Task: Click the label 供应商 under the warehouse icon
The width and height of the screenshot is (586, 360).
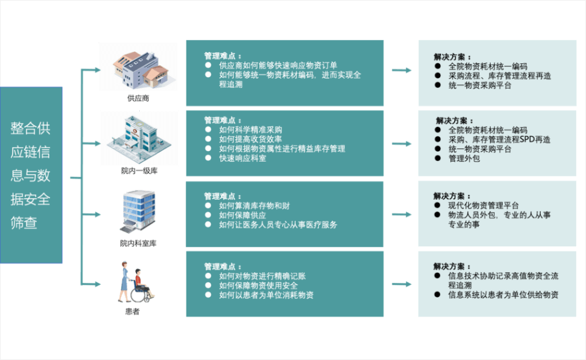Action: tap(138, 98)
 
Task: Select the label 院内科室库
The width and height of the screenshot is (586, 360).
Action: tap(138, 243)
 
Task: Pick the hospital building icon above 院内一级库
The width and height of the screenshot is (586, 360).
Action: tap(139, 138)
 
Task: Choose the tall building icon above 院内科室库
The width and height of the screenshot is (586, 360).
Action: tap(138, 211)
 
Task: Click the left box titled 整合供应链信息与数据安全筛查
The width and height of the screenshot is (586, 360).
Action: tap(31, 175)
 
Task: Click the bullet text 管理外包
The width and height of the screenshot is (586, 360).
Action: tap(464, 159)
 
